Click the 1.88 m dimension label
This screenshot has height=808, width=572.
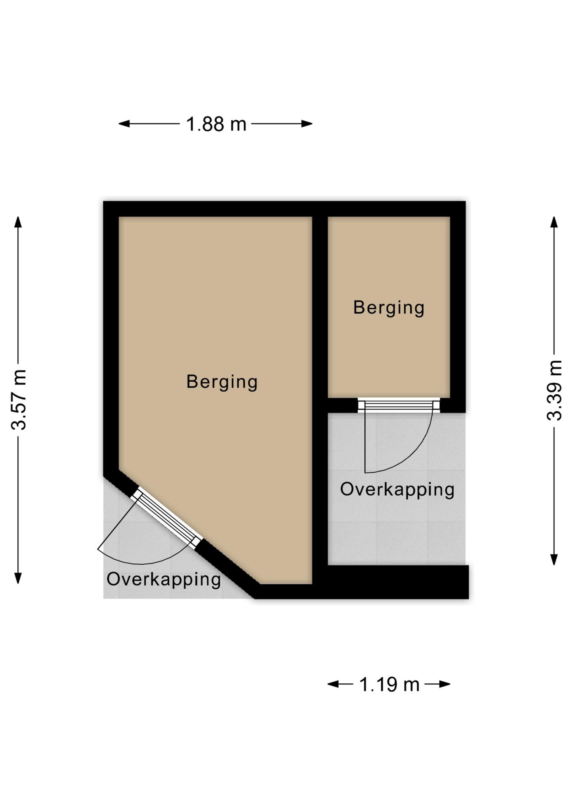click(216, 124)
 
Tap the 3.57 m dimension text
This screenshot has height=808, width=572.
click(19, 399)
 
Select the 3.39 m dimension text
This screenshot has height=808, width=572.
click(554, 390)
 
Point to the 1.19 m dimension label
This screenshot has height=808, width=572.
click(389, 684)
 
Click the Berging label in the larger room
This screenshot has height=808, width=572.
click(222, 382)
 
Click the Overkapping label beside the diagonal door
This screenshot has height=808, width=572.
click(164, 579)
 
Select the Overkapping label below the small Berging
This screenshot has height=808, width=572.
click(397, 489)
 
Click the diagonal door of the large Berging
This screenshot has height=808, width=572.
click(166, 518)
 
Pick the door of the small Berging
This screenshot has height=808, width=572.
click(398, 405)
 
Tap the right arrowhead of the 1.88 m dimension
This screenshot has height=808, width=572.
click(307, 124)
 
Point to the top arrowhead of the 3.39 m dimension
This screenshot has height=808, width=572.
click(554, 222)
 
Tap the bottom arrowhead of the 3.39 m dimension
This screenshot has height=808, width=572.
click(554, 559)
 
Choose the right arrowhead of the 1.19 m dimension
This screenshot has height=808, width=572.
click(444, 684)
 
